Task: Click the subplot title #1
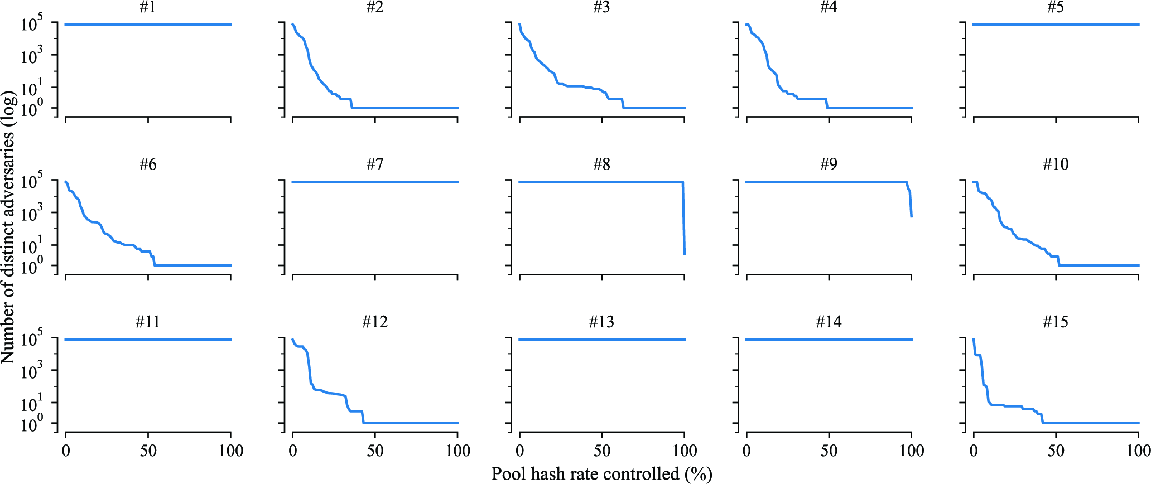[147, 7]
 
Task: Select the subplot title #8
[601, 164]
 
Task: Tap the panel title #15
[1055, 322]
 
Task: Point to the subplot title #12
[374, 322]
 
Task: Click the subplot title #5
[1055, 7]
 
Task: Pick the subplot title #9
[829, 164]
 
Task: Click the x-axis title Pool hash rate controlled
[601, 474]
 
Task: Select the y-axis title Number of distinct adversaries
[8, 228]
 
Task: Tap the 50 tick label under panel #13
[602, 451]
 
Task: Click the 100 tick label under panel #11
[230, 451]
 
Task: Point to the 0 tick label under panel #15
[974, 451]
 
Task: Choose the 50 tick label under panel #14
[829, 451]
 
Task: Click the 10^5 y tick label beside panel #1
[32, 25]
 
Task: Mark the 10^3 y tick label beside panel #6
[32, 214]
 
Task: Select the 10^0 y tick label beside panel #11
[32, 425]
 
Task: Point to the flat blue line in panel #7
[374, 182]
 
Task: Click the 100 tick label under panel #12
[457, 451]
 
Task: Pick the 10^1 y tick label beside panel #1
[32, 89]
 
